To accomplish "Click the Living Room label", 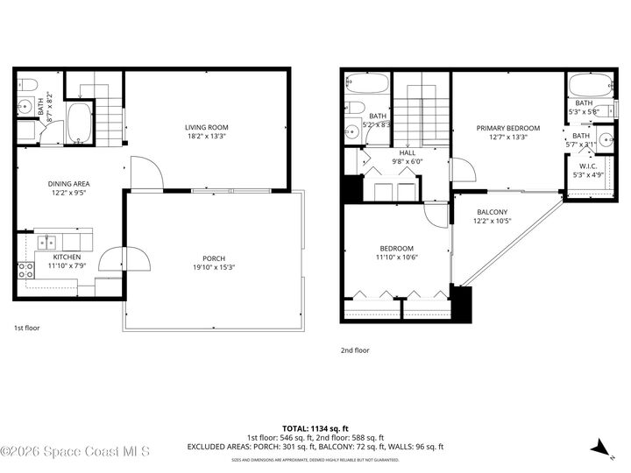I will pyautogui.click(x=206, y=128).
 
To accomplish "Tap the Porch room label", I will pyautogui.click(x=214, y=258).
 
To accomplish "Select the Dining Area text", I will pyautogui.click(x=68, y=184).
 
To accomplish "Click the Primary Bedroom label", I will pyautogui.click(x=508, y=128).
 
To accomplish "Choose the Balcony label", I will pyautogui.click(x=492, y=212).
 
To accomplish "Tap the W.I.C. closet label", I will pyautogui.click(x=587, y=166).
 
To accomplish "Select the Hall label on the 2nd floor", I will pyautogui.click(x=408, y=152).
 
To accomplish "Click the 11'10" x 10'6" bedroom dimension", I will pyautogui.click(x=396, y=257).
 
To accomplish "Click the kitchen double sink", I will pyautogui.click(x=46, y=241).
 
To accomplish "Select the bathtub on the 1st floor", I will pyautogui.click(x=79, y=124).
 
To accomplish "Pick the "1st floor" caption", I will pyautogui.click(x=26, y=328).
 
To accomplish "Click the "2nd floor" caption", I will pyautogui.click(x=355, y=350).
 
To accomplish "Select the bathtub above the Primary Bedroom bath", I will pyautogui.click(x=584, y=88).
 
